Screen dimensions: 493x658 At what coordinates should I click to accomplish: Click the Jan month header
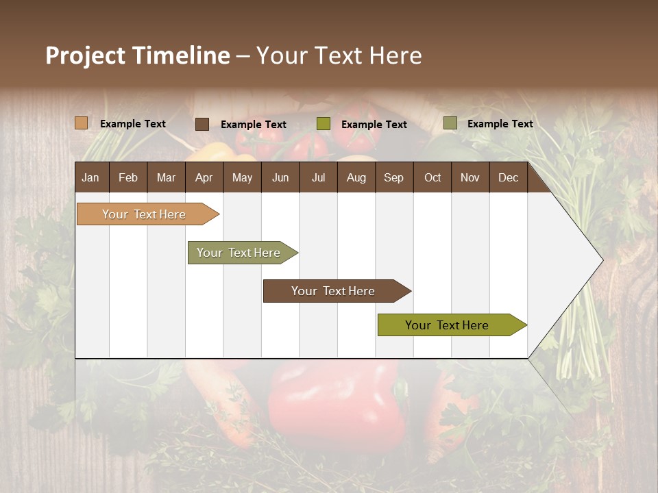point(90,177)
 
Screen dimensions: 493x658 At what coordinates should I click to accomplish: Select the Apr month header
point(204,177)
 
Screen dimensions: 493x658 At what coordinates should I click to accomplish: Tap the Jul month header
point(318,177)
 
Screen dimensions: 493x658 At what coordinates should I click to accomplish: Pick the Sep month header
point(393,177)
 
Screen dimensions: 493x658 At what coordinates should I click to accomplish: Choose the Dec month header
point(508,177)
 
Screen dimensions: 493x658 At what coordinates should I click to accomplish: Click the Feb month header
point(128,177)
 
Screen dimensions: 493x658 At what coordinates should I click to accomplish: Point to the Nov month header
point(470,177)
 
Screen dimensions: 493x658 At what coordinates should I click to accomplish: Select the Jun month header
point(280,177)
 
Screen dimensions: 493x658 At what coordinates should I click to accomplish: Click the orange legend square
point(82,123)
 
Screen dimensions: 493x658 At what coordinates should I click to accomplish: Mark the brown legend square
point(202,124)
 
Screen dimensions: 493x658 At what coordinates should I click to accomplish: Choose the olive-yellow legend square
point(324,124)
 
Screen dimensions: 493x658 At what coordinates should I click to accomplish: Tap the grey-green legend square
point(450,123)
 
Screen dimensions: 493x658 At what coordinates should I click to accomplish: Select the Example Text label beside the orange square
point(133,124)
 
